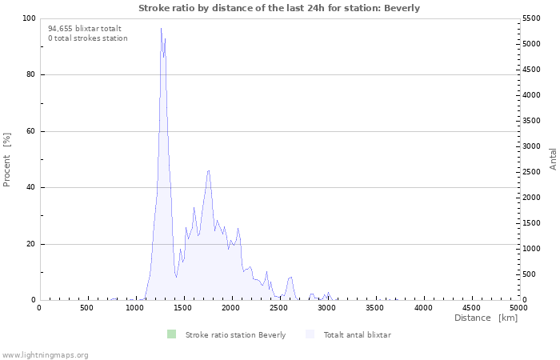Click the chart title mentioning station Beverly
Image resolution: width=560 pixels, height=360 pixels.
coord(279,8)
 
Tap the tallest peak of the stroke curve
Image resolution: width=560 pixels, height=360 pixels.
coord(161,29)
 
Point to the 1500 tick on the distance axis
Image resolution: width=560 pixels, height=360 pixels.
coord(183,308)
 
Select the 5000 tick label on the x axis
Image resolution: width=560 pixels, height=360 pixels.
coord(518,308)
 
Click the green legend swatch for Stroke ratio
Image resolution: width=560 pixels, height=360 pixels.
coord(171,334)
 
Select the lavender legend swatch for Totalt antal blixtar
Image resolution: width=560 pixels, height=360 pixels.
coord(310,334)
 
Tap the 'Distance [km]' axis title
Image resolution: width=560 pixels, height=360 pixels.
coord(486,318)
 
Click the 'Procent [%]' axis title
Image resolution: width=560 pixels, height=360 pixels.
coord(7,159)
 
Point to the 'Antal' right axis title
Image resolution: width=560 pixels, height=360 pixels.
coord(553,158)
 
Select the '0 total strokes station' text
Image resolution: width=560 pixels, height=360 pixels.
coord(87,38)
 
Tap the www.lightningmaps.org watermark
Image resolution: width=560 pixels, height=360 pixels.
coord(45,354)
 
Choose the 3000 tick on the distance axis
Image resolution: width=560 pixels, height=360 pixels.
coord(326,308)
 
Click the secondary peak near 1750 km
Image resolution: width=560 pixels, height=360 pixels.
coord(208,170)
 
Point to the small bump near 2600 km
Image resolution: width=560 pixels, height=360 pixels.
coord(290,277)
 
